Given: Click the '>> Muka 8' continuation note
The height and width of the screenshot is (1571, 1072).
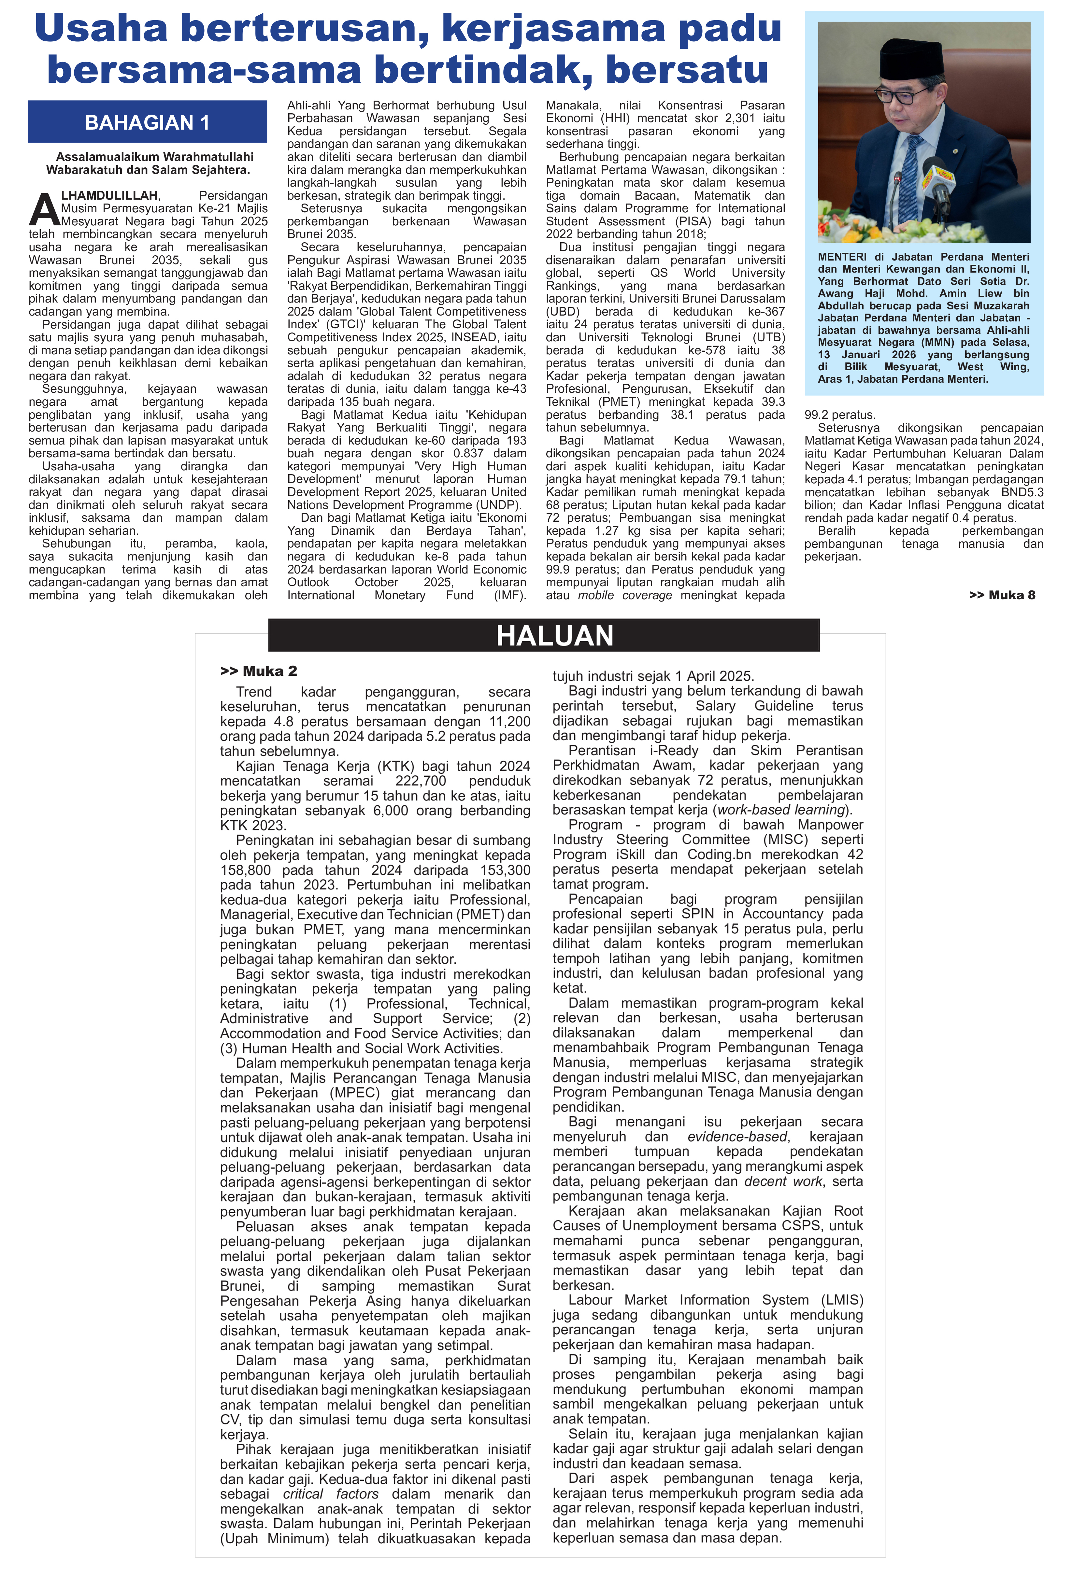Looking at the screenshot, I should click(1002, 595).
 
